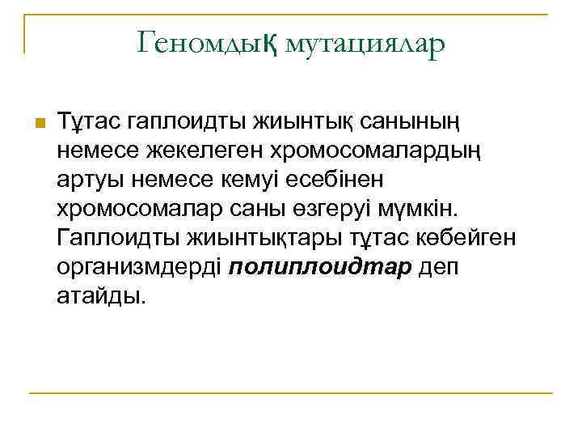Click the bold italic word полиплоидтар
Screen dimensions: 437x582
(321, 268)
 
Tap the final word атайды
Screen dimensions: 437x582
(103, 297)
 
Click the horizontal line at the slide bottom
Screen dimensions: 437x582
(290, 393)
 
